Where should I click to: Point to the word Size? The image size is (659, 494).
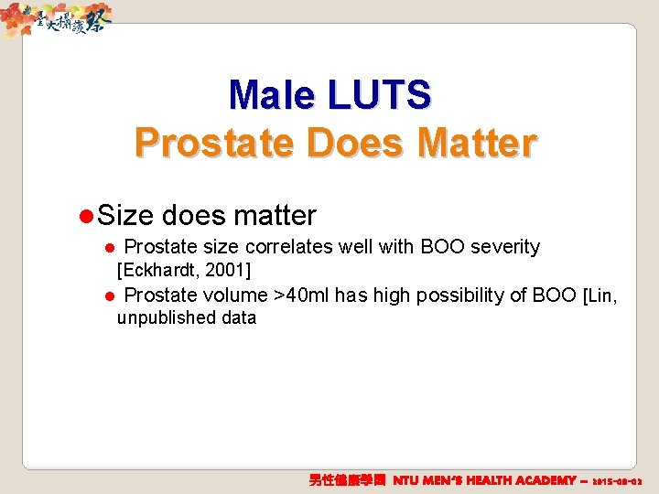click(125, 216)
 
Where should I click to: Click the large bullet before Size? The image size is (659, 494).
click(86, 217)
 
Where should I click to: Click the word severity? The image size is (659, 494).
click(505, 247)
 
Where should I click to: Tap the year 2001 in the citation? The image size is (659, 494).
click(228, 270)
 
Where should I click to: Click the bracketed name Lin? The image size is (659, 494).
click(600, 295)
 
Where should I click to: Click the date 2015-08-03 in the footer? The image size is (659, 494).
click(619, 480)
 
